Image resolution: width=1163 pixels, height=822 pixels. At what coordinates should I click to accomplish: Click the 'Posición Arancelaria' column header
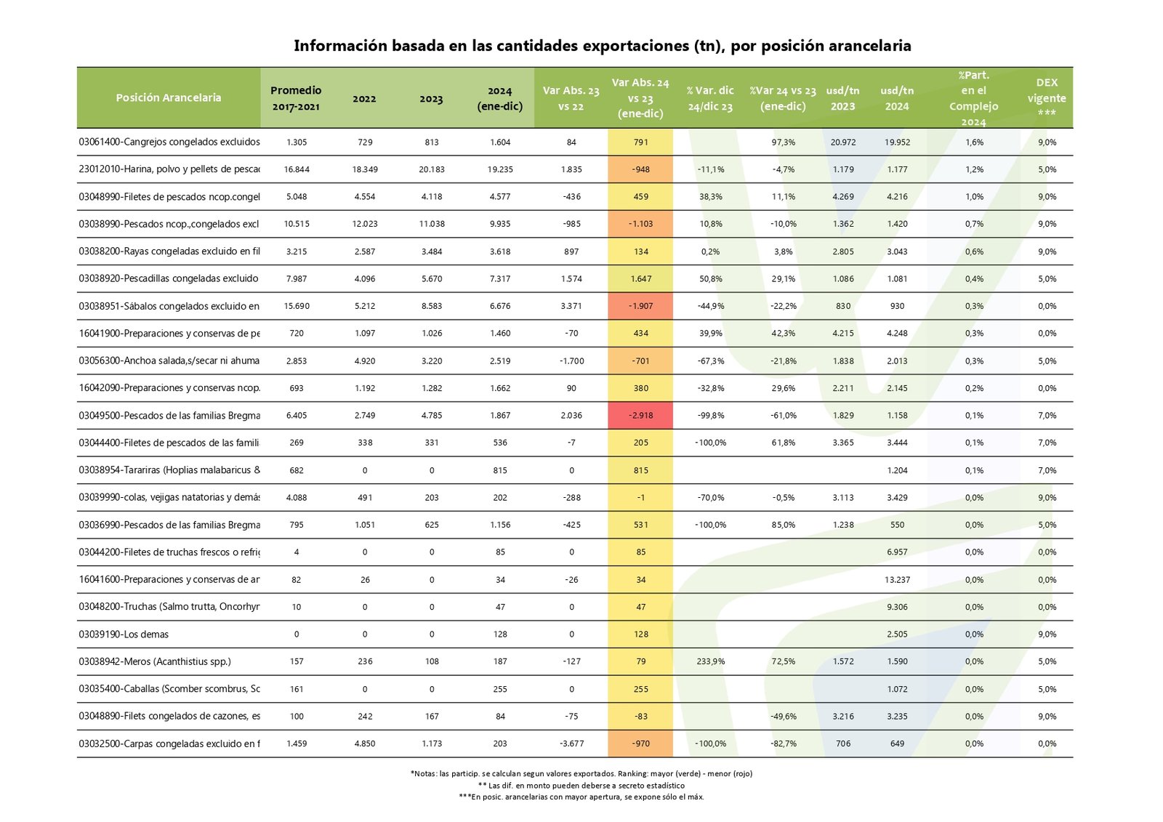169,97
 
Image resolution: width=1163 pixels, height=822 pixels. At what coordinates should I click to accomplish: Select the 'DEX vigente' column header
1047,97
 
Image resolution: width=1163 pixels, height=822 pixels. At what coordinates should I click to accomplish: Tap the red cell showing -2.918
640,416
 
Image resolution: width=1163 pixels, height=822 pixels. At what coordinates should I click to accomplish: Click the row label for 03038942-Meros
155,661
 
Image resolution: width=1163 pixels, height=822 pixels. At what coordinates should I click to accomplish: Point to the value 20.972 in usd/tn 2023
843,142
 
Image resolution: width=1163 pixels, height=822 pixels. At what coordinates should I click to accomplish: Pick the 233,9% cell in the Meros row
710,661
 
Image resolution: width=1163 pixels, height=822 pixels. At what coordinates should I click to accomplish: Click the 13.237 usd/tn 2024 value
897,580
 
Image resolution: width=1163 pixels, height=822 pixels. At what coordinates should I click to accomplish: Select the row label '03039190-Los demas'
124,634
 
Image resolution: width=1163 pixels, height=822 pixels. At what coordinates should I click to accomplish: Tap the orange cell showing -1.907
640,306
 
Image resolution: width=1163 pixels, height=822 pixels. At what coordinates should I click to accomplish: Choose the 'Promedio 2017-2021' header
296,98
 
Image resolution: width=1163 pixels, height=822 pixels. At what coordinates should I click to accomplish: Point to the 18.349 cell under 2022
365,169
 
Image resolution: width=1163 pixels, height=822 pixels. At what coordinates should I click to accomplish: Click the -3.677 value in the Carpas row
571,744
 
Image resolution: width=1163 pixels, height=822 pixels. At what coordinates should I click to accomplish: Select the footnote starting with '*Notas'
581,773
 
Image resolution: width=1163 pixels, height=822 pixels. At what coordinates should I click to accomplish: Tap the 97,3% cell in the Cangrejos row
783,142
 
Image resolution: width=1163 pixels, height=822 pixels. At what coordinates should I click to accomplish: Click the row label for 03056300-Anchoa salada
169,360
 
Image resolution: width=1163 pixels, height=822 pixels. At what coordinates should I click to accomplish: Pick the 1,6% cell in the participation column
974,142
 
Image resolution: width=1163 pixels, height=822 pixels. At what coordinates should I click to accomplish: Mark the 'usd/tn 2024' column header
897,98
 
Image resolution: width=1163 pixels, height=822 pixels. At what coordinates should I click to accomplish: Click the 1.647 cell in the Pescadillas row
640,279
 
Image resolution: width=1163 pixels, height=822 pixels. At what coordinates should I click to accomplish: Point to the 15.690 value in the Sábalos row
297,306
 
